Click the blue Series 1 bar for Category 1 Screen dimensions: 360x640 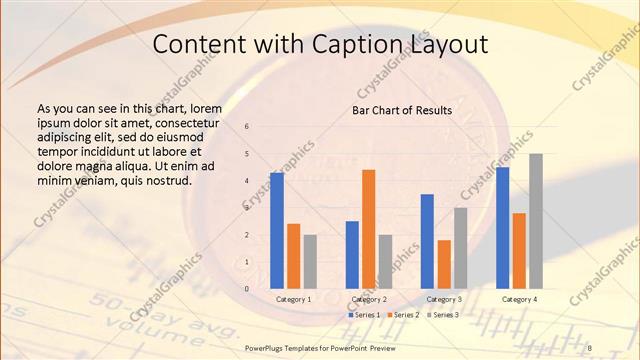[x=276, y=230]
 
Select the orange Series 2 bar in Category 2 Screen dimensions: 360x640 [x=368, y=229]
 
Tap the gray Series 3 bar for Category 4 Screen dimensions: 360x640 [x=536, y=221]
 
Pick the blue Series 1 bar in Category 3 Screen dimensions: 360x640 [x=427, y=241]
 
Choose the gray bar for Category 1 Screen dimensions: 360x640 [x=310, y=261]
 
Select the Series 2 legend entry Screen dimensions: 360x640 [x=404, y=315]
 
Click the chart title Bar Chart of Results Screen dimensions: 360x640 [x=402, y=110]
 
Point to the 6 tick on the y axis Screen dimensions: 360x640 [x=248, y=127]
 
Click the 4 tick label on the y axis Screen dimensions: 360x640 [x=248, y=181]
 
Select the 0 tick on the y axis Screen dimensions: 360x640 [x=248, y=289]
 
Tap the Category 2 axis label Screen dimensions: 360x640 [x=369, y=299]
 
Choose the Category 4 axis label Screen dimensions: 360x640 [x=519, y=299]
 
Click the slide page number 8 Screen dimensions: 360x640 [x=589, y=347]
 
